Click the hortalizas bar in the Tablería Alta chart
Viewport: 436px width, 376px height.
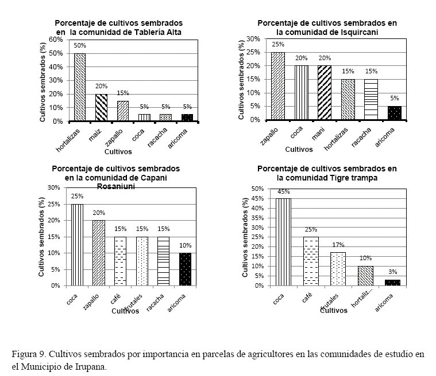(x=80, y=87)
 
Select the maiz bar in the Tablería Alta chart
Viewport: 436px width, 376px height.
(x=101, y=107)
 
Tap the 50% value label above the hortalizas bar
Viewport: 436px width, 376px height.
(x=80, y=46)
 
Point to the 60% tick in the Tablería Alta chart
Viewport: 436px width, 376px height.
(x=56, y=40)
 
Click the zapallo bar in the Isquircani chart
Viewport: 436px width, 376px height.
(x=278, y=86)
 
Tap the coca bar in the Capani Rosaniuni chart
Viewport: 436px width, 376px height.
(x=76, y=245)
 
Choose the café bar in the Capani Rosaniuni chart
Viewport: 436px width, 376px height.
(x=120, y=261)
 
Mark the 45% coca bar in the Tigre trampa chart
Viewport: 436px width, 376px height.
(x=283, y=242)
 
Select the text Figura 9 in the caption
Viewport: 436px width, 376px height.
(x=26, y=354)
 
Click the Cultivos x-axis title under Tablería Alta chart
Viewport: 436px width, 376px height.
(x=118, y=152)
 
